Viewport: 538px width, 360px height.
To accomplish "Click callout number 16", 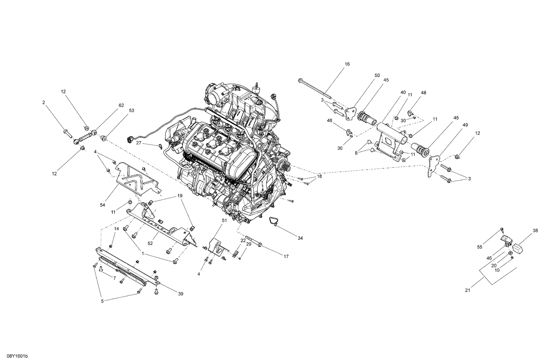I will [347, 64].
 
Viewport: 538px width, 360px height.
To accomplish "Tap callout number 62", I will [121, 106].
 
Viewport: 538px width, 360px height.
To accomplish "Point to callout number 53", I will [131, 111].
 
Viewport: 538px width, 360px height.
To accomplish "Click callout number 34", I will [300, 238].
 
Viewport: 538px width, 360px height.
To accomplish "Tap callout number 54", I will [103, 205].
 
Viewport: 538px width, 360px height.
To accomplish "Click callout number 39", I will [180, 294].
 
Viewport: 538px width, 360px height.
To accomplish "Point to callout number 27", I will [138, 143].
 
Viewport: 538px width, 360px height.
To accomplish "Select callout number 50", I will [377, 75].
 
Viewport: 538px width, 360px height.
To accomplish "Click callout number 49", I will [465, 125].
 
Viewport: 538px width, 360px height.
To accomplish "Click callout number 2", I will [44, 103].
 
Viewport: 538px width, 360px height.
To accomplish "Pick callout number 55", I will [480, 247].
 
